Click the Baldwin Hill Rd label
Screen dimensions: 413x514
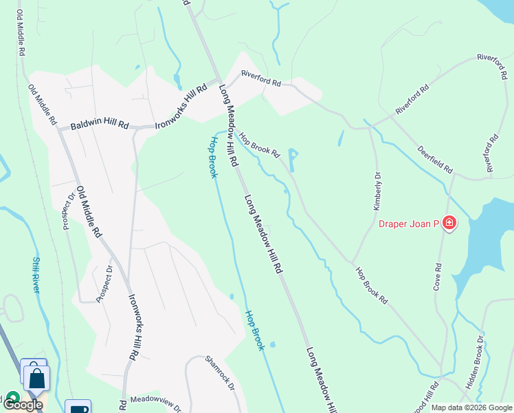[100, 125]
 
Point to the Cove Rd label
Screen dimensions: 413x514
[437, 276]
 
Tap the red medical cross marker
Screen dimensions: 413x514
[449, 223]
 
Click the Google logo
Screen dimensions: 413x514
[23, 405]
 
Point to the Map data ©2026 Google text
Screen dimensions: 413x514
[471, 407]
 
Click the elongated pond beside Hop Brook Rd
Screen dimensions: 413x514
[293, 160]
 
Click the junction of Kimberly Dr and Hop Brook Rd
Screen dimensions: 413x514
[353, 263]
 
